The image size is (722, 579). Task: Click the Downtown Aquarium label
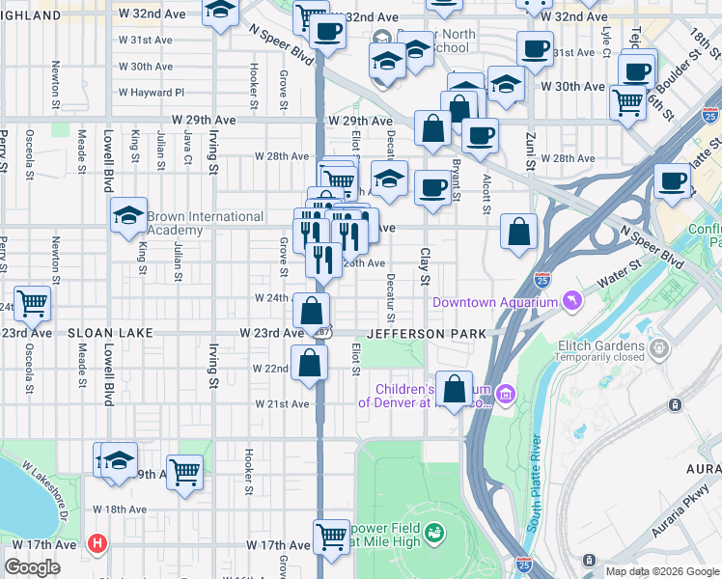tap(495, 302)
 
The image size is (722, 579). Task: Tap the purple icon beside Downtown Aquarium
tap(573, 301)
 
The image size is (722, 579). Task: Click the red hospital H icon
tap(96, 543)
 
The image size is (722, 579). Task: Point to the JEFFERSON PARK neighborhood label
tap(421, 333)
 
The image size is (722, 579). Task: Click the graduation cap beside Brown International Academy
tap(127, 217)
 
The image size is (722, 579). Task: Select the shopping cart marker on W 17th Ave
tap(332, 535)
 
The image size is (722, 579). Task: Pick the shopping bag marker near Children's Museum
tap(454, 388)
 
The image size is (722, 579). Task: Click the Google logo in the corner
tap(32, 567)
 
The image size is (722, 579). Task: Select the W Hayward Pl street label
tap(151, 93)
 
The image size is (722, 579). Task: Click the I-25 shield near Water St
tap(542, 280)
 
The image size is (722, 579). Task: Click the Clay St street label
tap(424, 266)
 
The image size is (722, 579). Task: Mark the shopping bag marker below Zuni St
tap(519, 232)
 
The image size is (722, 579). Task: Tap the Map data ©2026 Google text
tap(662, 571)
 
